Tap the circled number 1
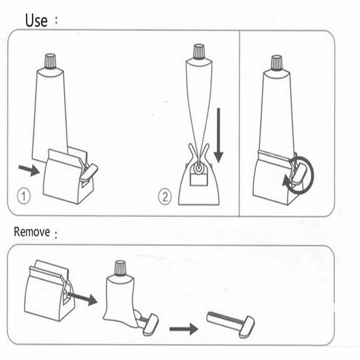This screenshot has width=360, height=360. coord(24,196)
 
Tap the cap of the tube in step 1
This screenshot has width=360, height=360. coord(50,61)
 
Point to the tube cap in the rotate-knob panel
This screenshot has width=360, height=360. coord(277,62)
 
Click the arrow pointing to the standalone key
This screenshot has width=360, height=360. coord(183,329)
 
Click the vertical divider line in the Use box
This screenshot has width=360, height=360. coord(239,123)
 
